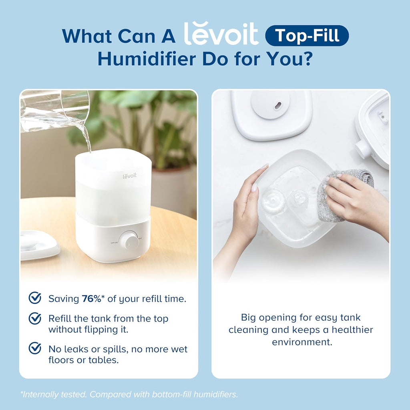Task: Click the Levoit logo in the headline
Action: [x=221, y=34]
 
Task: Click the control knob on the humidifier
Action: [x=129, y=240]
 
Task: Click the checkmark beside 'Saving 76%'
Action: [x=35, y=298]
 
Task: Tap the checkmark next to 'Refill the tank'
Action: [x=35, y=319]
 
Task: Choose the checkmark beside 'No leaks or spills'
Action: [x=35, y=348]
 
